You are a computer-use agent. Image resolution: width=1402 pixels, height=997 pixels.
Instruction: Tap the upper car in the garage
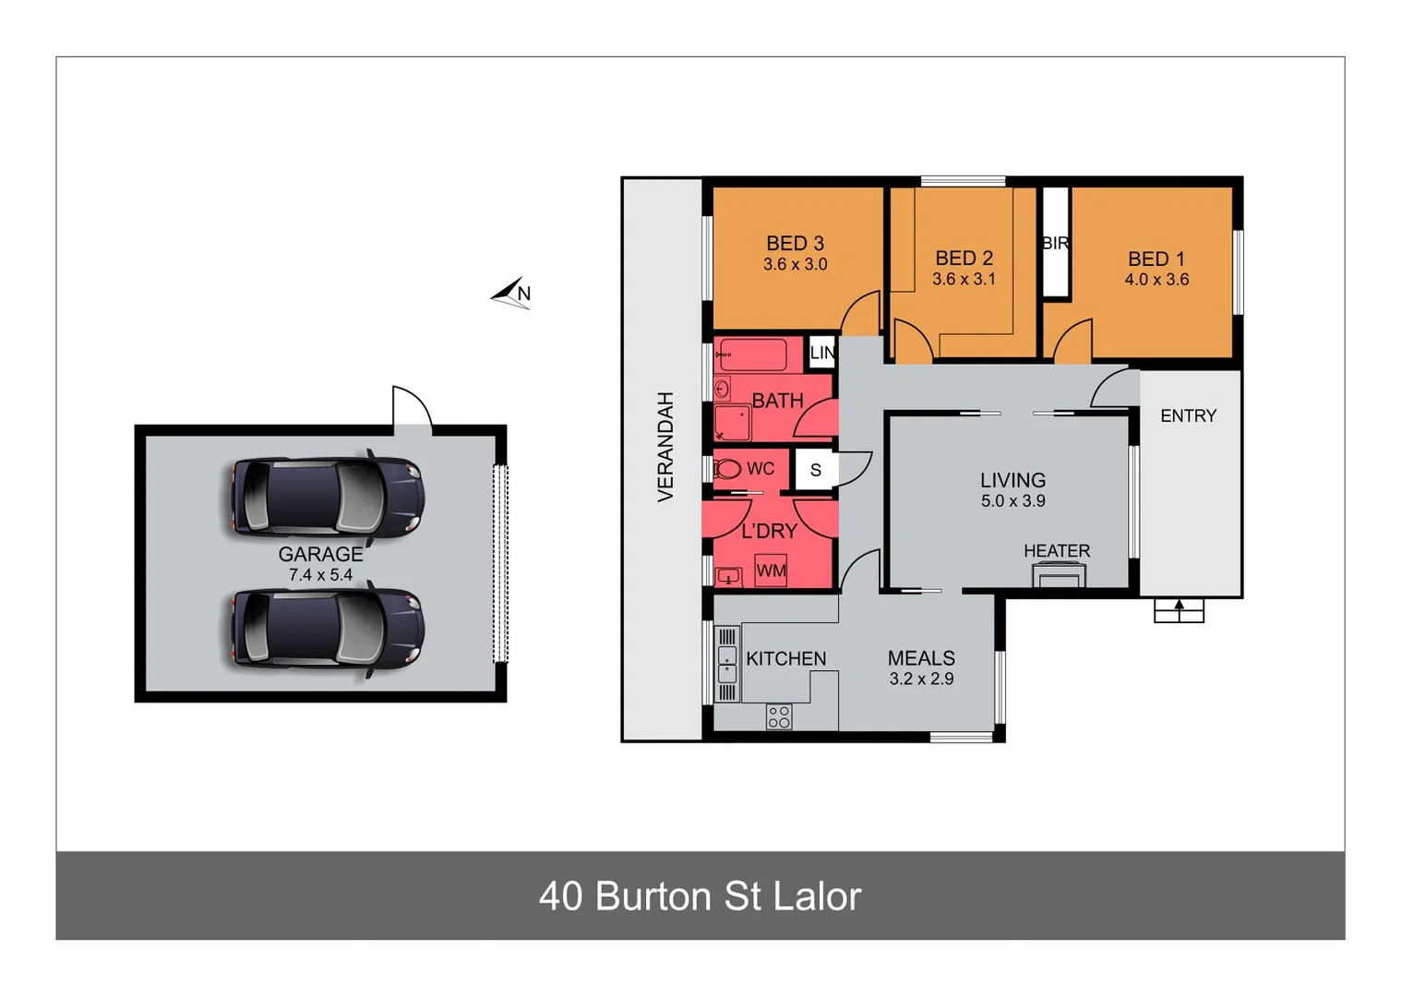327,498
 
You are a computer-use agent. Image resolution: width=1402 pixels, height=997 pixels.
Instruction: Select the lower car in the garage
327,630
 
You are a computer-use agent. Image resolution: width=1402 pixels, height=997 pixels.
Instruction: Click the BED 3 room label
795,244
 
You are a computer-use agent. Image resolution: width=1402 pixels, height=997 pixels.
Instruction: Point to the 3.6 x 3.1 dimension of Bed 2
964,280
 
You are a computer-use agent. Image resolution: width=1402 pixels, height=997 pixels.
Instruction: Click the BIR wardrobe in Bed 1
1055,243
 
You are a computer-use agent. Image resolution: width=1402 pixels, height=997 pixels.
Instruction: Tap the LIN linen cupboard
821,353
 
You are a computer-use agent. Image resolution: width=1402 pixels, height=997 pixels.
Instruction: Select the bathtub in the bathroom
752,354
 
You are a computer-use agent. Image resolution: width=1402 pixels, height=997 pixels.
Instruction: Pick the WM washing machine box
771,571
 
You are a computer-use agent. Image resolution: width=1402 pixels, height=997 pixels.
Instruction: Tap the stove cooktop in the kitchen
778,716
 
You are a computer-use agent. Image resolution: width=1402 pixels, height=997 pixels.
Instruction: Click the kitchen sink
727,663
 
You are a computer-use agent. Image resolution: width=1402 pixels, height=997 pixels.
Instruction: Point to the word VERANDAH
665,447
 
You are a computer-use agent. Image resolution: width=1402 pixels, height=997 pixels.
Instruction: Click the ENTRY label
1188,416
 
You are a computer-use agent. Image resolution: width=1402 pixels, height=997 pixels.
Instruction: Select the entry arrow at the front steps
1179,607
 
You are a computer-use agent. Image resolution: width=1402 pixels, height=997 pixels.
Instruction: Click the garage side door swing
412,408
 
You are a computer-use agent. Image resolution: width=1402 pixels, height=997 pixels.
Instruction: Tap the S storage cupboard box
815,470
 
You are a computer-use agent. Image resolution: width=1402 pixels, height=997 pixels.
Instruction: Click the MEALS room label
920,658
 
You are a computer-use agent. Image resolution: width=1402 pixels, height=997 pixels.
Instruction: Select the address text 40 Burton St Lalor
700,896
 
